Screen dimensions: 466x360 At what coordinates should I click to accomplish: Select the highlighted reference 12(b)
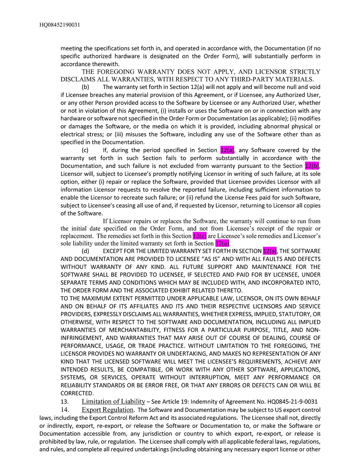312,166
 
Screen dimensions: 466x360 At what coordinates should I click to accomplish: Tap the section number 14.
65,410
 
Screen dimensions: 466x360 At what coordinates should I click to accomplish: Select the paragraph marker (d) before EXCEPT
86,251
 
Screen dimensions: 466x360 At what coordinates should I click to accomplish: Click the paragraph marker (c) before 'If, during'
85,150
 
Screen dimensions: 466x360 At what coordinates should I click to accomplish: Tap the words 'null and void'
302,87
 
